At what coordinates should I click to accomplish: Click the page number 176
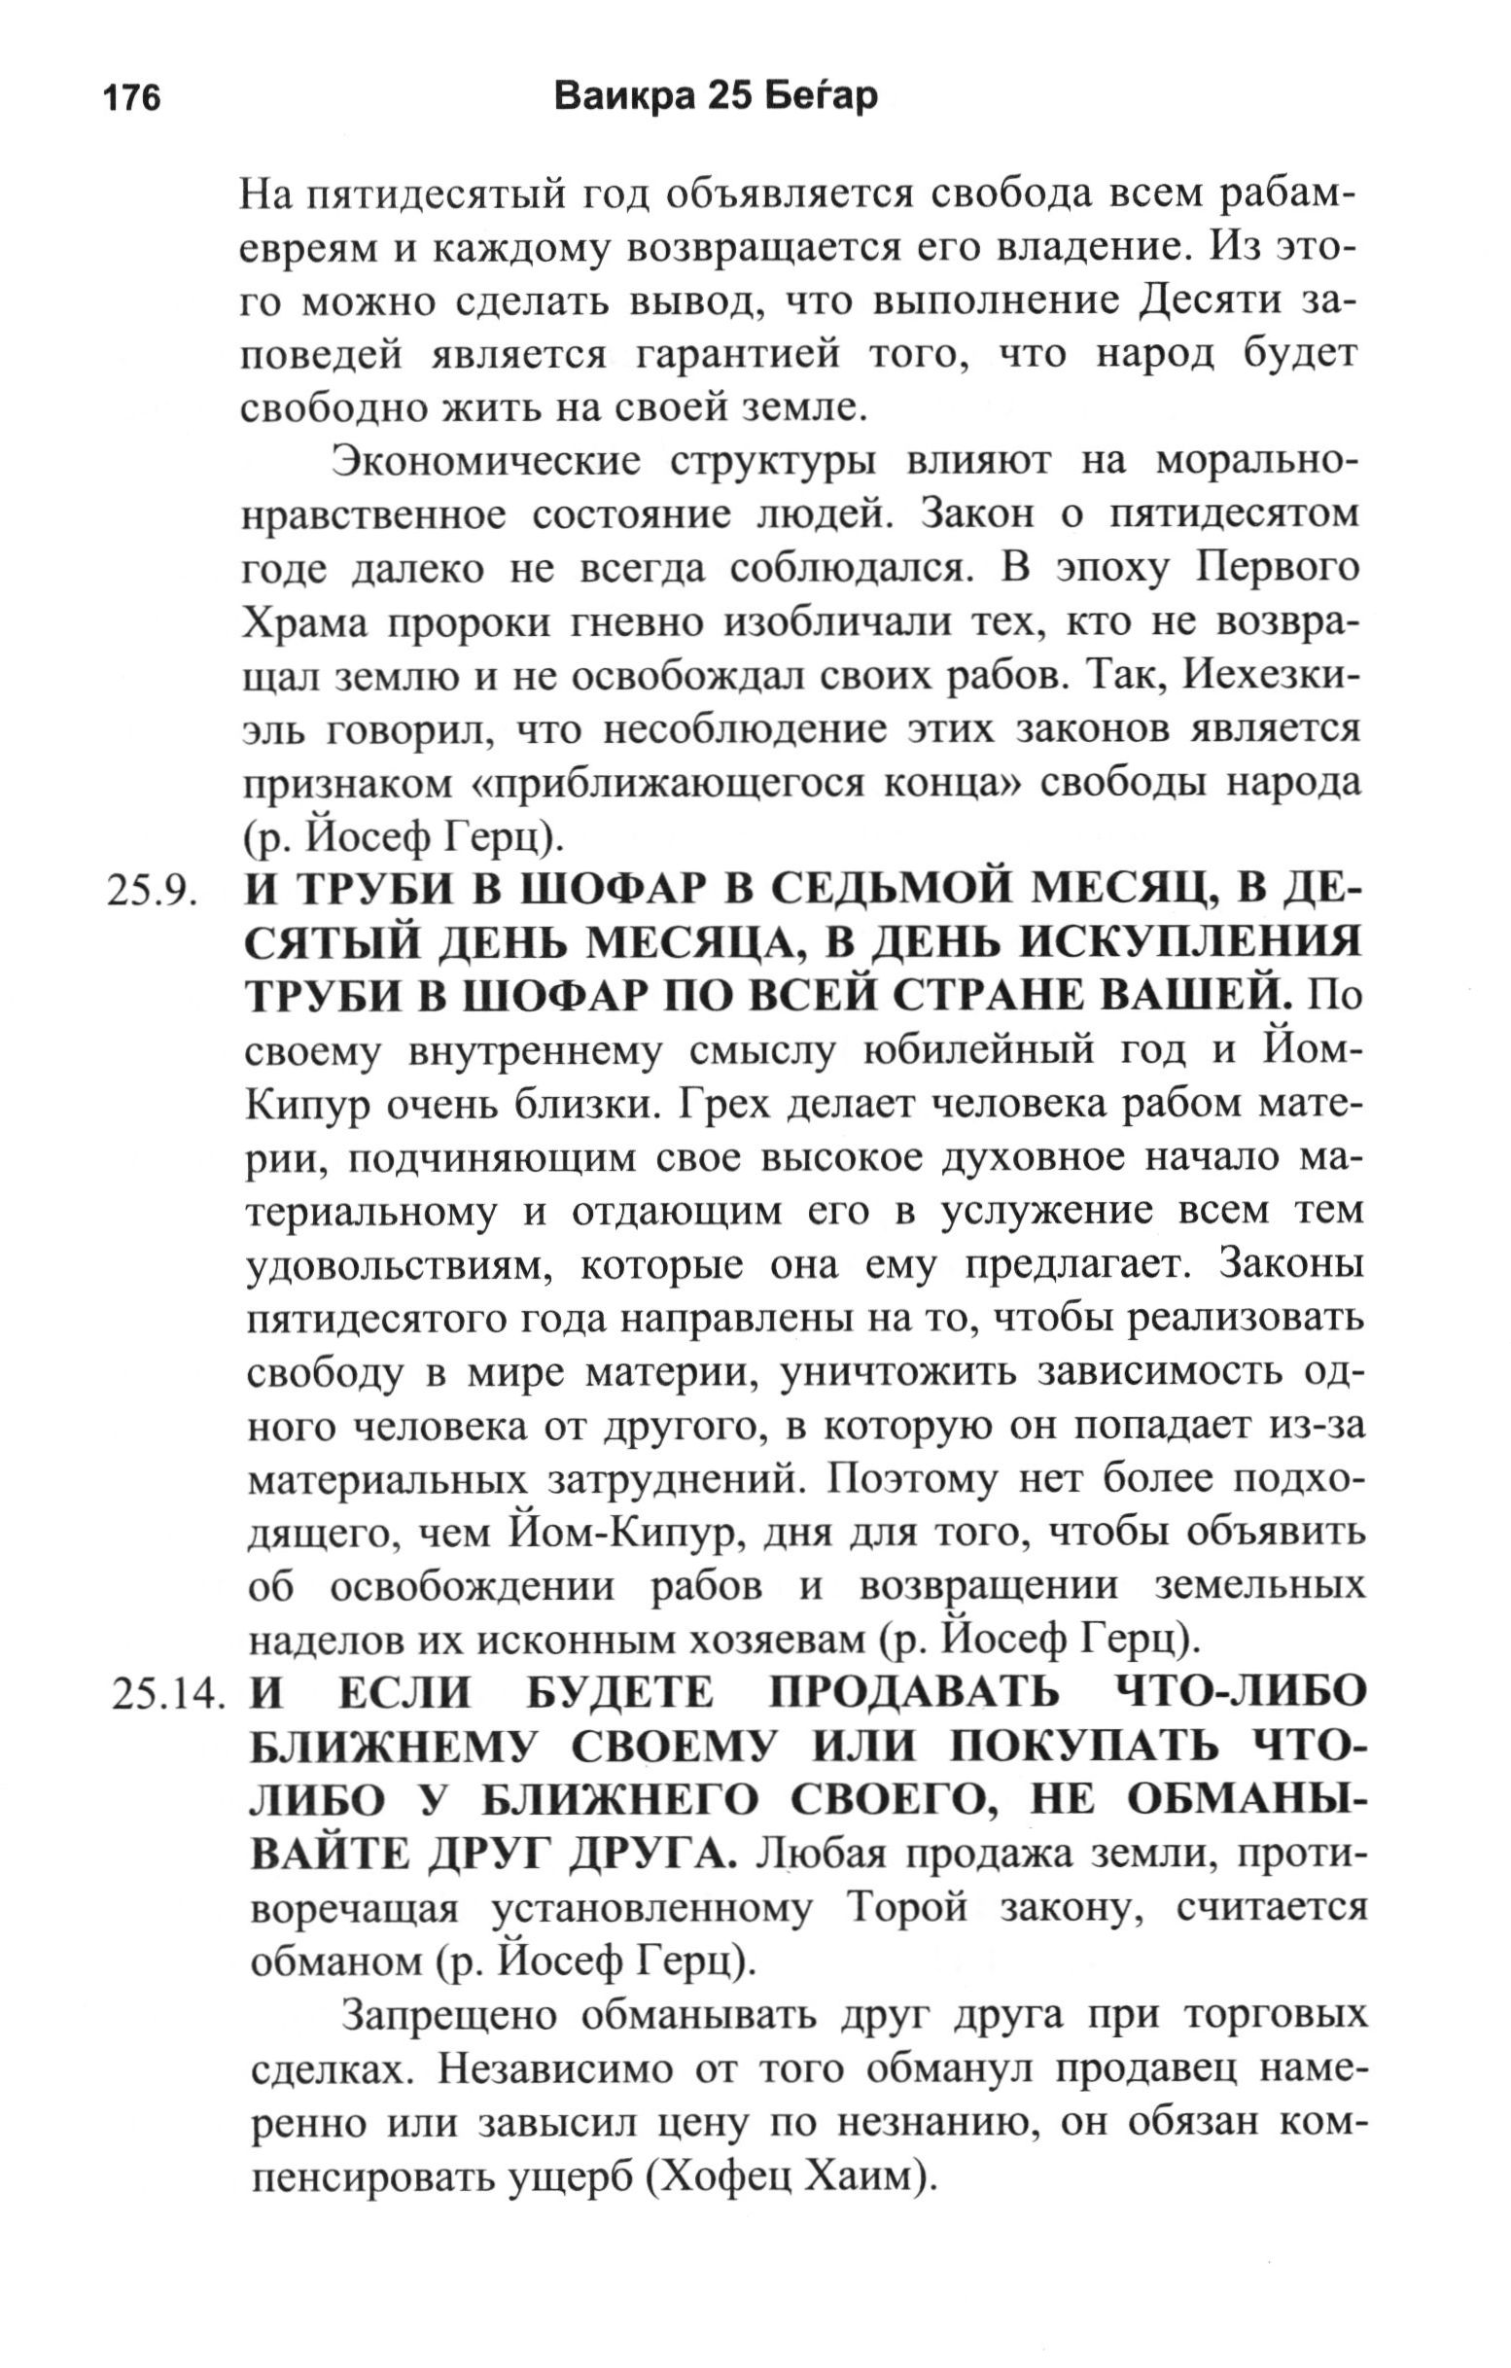(x=131, y=99)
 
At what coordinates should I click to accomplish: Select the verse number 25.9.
(x=153, y=892)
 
